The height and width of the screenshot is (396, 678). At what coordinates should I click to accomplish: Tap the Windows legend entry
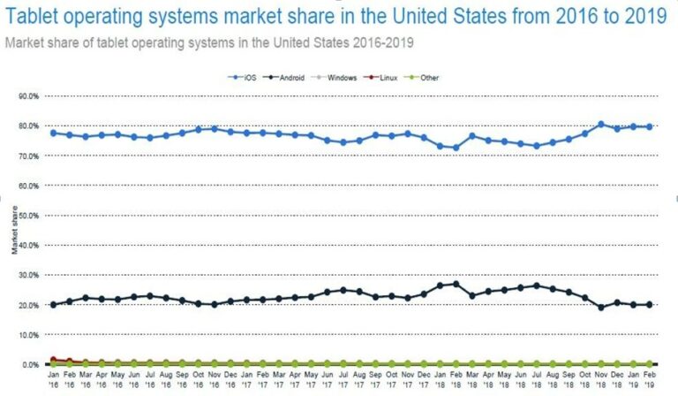(x=341, y=78)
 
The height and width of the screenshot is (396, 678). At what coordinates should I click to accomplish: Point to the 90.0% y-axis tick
(x=27, y=95)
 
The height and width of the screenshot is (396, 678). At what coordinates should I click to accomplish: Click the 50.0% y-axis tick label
(x=27, y=216)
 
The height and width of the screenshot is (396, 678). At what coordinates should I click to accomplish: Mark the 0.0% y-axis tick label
(x=29, y=364)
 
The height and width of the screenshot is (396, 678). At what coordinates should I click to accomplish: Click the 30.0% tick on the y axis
(x=27, y=275)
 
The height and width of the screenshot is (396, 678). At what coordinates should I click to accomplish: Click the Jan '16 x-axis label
(x=53, y=378)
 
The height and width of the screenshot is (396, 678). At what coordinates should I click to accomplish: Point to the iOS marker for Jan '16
(x=53, y=133)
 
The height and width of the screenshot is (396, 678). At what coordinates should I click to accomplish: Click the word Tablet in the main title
(x=33, y=15)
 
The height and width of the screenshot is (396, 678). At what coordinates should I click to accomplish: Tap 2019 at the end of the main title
(x=640, y=15)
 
